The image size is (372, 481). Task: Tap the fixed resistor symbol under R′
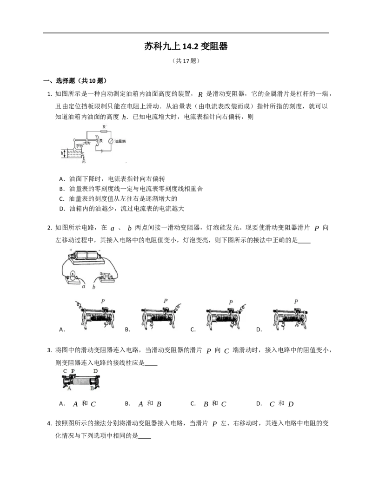[x=104, y=131]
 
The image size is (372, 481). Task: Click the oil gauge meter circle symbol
[x=111, y=141]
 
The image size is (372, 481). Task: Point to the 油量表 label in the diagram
[x=120, y=141]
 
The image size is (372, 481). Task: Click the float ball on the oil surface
[x=74, y=149]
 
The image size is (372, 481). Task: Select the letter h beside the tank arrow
[x=62, y=152]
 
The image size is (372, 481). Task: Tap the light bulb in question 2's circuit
[x=73, y=274]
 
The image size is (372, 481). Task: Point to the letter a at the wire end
[x=84, y=286]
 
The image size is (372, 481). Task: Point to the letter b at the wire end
[x=93, y=287]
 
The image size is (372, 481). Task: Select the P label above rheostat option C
[x=231, y=302]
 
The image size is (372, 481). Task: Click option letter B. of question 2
[x=128, y=329]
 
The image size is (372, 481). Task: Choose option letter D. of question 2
[x=259, y=329]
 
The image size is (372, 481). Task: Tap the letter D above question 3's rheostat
[x=95, y=371]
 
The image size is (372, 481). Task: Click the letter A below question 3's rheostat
[x=69, y=389]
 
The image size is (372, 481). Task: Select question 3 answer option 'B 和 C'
[x=215, y=404]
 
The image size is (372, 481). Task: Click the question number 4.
[x=50, y=423]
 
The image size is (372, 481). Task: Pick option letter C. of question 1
[x=62, y=198]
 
